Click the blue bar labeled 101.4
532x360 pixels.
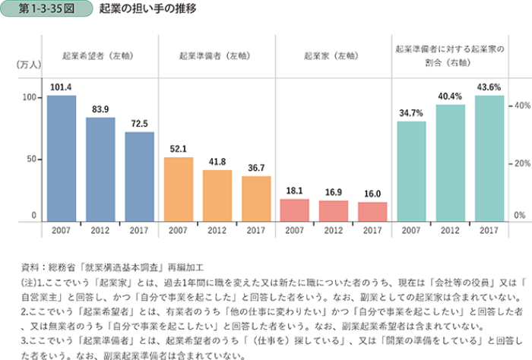click(62, 159)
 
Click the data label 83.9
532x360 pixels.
click(100, 109)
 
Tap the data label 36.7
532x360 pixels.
click(256, 168)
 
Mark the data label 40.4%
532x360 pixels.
click(450, 96)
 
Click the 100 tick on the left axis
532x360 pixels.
click(29, 97)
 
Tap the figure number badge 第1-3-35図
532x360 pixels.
click(46, 9)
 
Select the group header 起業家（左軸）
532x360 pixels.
click(334, 55)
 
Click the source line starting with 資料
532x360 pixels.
click(113, 267)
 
